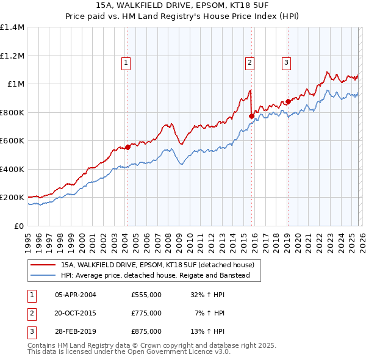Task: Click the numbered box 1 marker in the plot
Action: pyautogui.click(x=126, y=62)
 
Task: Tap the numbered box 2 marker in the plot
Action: pyautogui.click(x=250, y=62)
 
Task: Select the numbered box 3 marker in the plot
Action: pyautogui.click(x=286, y=62)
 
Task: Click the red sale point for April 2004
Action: pyautogui.click(x=127, y=146)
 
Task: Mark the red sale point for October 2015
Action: pyautogui.click(x=251, y=115)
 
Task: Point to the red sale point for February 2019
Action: pyautogui.click(x=287, y=102)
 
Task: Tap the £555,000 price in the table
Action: pyautogui.click(x=146, y=294)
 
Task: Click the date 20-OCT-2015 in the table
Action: pyautogui.click(x=76, y=313)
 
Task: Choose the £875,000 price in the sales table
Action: pyautogui.click(x=146, y=332)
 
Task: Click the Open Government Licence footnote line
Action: pyautogui.click(x=129, y=352)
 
